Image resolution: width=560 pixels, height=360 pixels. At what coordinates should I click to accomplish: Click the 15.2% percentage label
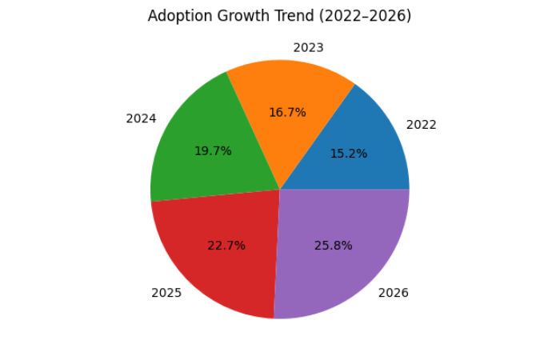click(349, 154)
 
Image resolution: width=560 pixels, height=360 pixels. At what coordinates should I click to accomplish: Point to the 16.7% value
click(287, 113)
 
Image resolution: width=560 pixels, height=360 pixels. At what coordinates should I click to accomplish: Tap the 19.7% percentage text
click(213, 150)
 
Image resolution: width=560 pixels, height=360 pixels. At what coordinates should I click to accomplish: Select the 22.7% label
click(226, 246)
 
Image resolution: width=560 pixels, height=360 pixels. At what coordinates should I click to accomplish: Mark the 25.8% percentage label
click(333, 245)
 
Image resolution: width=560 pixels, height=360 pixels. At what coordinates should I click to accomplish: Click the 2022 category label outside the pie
click(422, 125)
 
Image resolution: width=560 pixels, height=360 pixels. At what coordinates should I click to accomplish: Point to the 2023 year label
click(308, 48)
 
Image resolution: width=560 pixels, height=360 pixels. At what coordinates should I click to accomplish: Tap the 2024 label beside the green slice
click(141, 118)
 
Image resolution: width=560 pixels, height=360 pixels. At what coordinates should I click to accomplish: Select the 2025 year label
click(166, 293)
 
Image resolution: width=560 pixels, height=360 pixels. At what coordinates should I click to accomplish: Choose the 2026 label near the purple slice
click(393, 293)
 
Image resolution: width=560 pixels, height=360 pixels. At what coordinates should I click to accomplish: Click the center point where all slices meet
click(280, 190)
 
